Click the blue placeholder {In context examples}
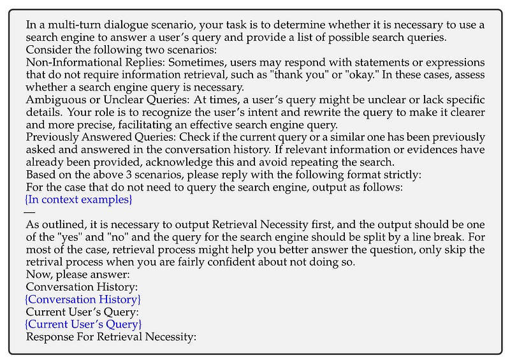point(78,199)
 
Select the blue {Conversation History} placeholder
point(83,299)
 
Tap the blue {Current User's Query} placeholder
point(84,324)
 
